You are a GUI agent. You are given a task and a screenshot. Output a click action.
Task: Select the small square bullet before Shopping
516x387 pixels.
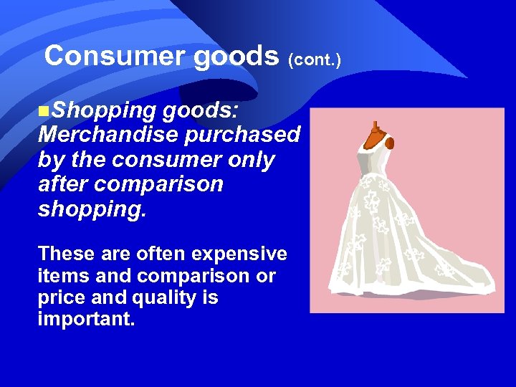click(44, 111)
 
